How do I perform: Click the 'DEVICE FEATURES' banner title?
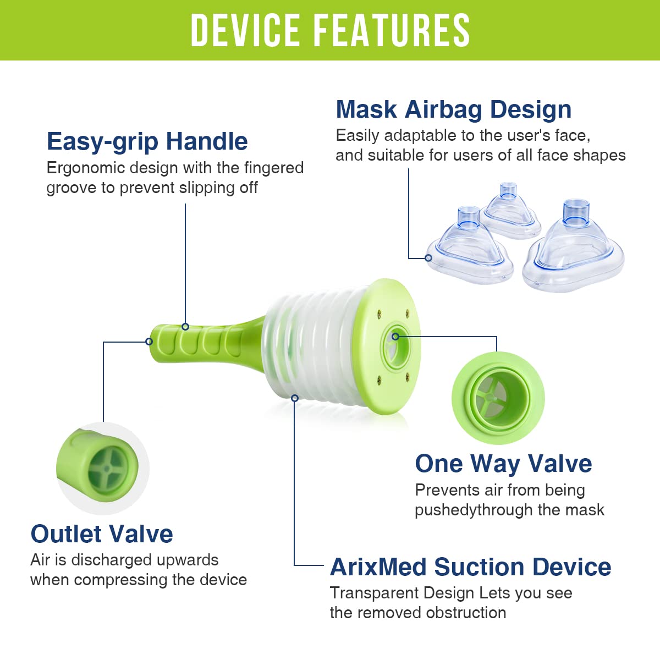(x=330, y=30)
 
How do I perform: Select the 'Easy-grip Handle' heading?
(x=147, y=141)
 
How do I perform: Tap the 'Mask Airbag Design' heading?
(x=453, y=109)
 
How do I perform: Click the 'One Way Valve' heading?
(x=503, y=464)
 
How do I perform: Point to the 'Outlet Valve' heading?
(x=102, y=534)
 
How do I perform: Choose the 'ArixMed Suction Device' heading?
(x=470, y=567)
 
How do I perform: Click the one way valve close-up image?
(x=498, y=398)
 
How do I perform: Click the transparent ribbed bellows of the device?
(x=308, y=352)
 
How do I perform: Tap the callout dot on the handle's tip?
(x=149, y=342)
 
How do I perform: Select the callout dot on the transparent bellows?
(x=295, y=398)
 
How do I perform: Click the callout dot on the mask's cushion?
(x=428, y=257)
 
